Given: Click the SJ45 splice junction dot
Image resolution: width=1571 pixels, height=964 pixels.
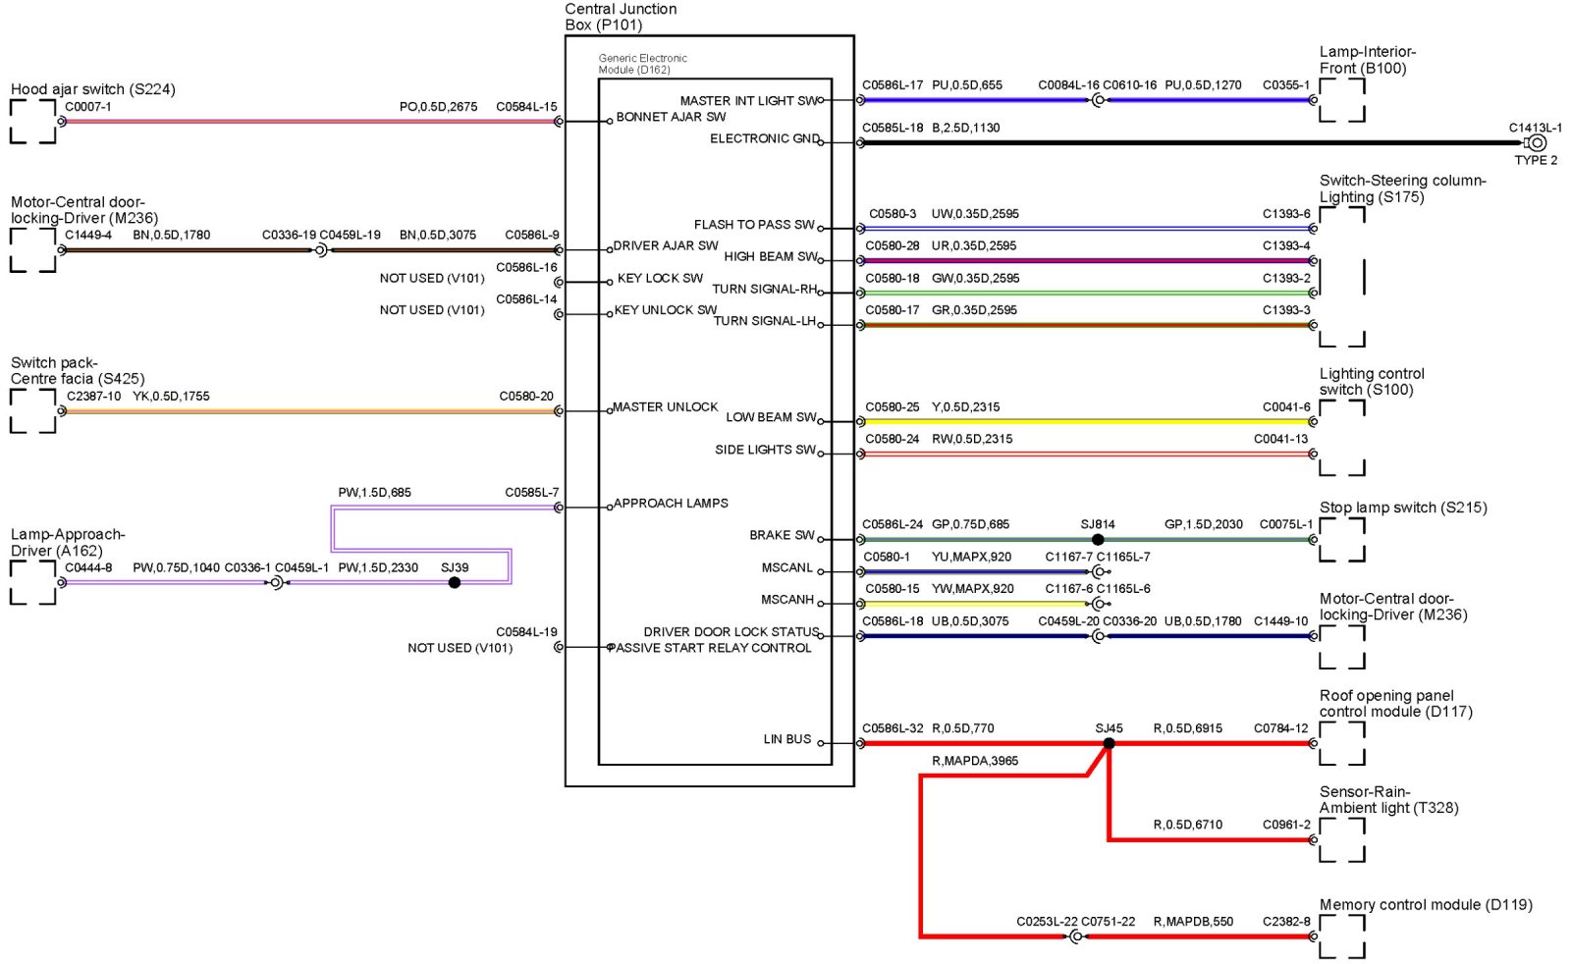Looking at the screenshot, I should coord(1109,743).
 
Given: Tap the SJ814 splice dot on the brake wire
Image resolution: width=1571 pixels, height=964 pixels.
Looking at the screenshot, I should coord(1098,539).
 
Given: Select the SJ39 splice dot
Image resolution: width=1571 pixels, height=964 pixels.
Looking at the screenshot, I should coord(454,582).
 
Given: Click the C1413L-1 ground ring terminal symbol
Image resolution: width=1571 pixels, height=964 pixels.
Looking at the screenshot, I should coord(1537,142).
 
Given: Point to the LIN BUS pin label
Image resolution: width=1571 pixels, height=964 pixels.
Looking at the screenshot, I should coord(787,739).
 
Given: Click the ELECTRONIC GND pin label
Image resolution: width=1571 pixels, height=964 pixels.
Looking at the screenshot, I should coord(765,138).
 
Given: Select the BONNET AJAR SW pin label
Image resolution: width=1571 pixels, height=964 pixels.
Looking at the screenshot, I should coord(671,117).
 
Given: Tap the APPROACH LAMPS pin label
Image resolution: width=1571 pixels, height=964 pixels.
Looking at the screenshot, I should coord(671,504).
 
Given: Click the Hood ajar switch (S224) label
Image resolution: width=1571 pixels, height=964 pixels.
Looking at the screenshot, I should coord(93,89).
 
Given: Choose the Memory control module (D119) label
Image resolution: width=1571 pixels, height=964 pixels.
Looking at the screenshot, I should coord(1426,904).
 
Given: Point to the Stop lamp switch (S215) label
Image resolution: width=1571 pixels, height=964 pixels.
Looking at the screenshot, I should coord(1403,508).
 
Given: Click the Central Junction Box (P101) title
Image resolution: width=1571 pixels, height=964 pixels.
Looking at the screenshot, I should coord(621,17).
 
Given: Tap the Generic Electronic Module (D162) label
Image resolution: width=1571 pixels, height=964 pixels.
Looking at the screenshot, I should coord(643,64).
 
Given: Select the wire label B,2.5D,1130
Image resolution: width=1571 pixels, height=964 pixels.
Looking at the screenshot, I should coord(966,128).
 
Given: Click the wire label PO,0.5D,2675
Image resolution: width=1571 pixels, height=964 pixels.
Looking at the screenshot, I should coord(438,107).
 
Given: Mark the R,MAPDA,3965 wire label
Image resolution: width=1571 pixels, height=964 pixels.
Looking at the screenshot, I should coord(975,761).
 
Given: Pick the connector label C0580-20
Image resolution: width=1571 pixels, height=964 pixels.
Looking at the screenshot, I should coord(526,397).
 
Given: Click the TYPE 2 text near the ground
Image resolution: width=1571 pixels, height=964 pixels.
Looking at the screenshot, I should coord(1536,160).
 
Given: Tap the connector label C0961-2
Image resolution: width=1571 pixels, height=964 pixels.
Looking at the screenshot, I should coord(1286,825).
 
